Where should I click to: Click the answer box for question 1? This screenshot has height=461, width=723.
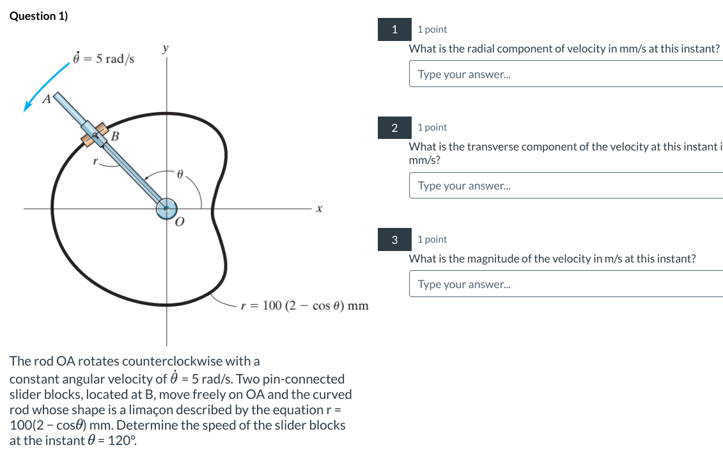coord(566,74)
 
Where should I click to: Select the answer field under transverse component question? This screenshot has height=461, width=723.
coord(566,186)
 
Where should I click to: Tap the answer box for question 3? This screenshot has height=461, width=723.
coord(566,284)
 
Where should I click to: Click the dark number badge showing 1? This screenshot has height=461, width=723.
coord(394,29)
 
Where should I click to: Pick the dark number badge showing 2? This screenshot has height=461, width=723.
coord(394,127)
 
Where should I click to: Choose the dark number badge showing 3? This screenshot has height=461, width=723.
coord(394,239)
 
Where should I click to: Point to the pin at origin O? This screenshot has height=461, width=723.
coord(166,207)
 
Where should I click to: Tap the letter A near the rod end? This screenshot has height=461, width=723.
coord(46,99)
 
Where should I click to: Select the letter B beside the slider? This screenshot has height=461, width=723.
coord(115,136)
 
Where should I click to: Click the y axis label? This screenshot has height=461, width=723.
coord(166,49)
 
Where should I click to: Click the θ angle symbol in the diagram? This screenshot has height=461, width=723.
coord(180,174)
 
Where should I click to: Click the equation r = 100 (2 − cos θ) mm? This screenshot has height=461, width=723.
coord(304,305)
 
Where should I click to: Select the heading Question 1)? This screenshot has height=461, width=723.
coord(39,16)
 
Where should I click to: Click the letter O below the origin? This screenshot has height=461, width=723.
coord(179,222)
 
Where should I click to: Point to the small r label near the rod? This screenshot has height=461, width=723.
coord(95,163)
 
